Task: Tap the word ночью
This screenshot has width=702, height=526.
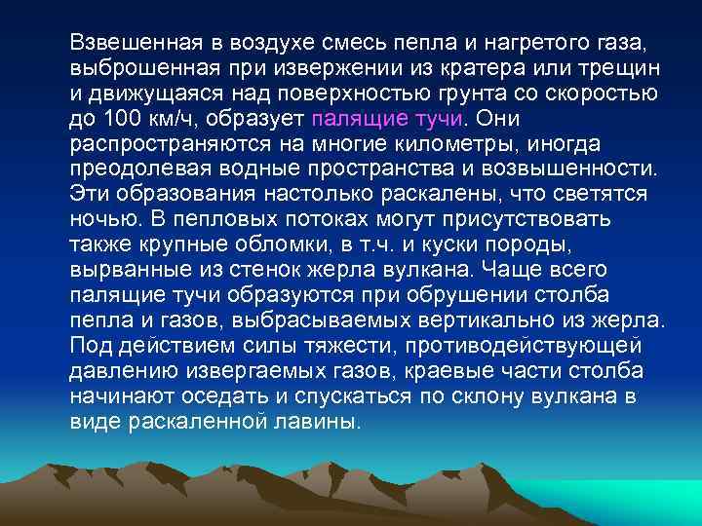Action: (100, 220)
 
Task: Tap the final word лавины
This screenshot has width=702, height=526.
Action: (326, 420)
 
